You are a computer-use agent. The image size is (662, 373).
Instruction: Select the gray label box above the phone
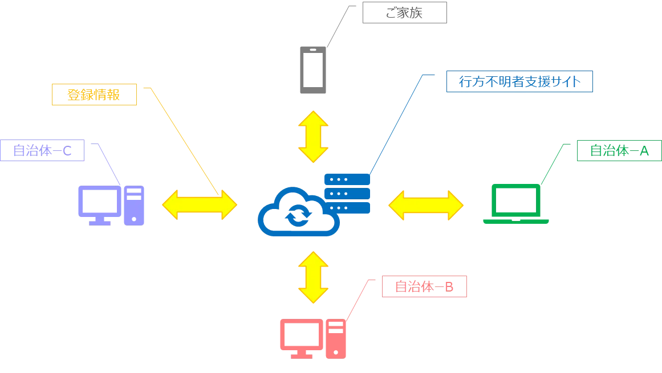(x=403, y=15)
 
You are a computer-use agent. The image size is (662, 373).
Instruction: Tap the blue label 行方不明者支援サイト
(x=518, y=83)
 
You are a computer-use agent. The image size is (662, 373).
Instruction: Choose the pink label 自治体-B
(x=424, y=287)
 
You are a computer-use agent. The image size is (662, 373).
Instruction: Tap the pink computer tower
(x=337, y=339)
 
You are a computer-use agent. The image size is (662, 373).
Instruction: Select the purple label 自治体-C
(x=43, y=151)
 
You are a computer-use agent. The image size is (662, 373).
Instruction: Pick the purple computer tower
(x=135, y=204)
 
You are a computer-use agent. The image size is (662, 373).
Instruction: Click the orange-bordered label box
(x=94, y=95)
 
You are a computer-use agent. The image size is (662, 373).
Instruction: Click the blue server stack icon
(x=348, y=193)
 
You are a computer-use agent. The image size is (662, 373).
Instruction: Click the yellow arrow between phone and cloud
(x=312, y=137)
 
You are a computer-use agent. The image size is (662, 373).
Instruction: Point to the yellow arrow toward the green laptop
(x=426, y=205)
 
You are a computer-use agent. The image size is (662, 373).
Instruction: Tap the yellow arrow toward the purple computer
(x=199, y=205)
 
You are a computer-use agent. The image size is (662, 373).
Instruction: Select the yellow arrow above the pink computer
(x=312, y=277)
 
